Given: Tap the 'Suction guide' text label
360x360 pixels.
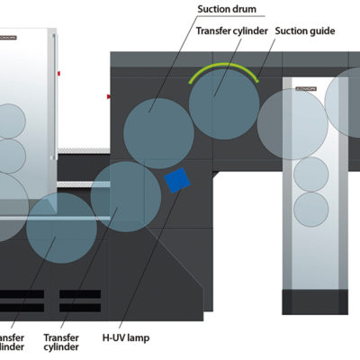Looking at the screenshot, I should click(x=305, y=31).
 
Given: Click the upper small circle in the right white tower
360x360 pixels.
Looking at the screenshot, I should click(x=311, y=174).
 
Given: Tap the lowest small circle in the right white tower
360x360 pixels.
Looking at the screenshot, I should click(x=311, y=209).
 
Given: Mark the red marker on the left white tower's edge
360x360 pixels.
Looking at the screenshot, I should click(x=59, y=71).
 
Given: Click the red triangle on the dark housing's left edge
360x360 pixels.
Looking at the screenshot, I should click(x=109, y=94).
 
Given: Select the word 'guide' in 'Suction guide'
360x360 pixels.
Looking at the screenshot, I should click(x=321, y=31).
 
